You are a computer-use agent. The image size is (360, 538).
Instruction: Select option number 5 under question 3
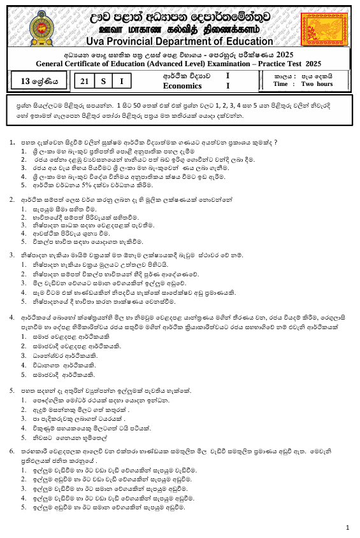(x=24, y=301)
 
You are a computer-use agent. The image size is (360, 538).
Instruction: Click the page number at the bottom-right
(x=347, y=527)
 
